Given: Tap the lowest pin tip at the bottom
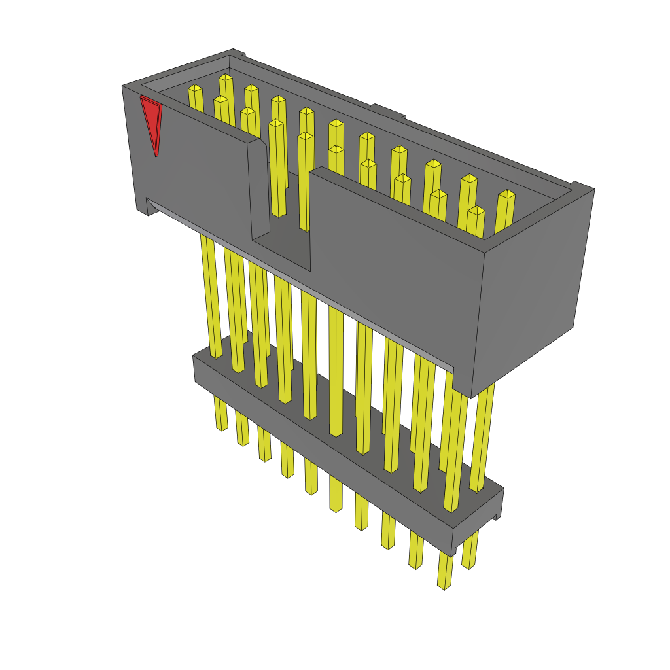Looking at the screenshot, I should click(445, 582).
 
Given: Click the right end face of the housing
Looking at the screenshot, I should click(533, 288).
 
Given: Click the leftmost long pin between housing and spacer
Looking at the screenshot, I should click(211, 294).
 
